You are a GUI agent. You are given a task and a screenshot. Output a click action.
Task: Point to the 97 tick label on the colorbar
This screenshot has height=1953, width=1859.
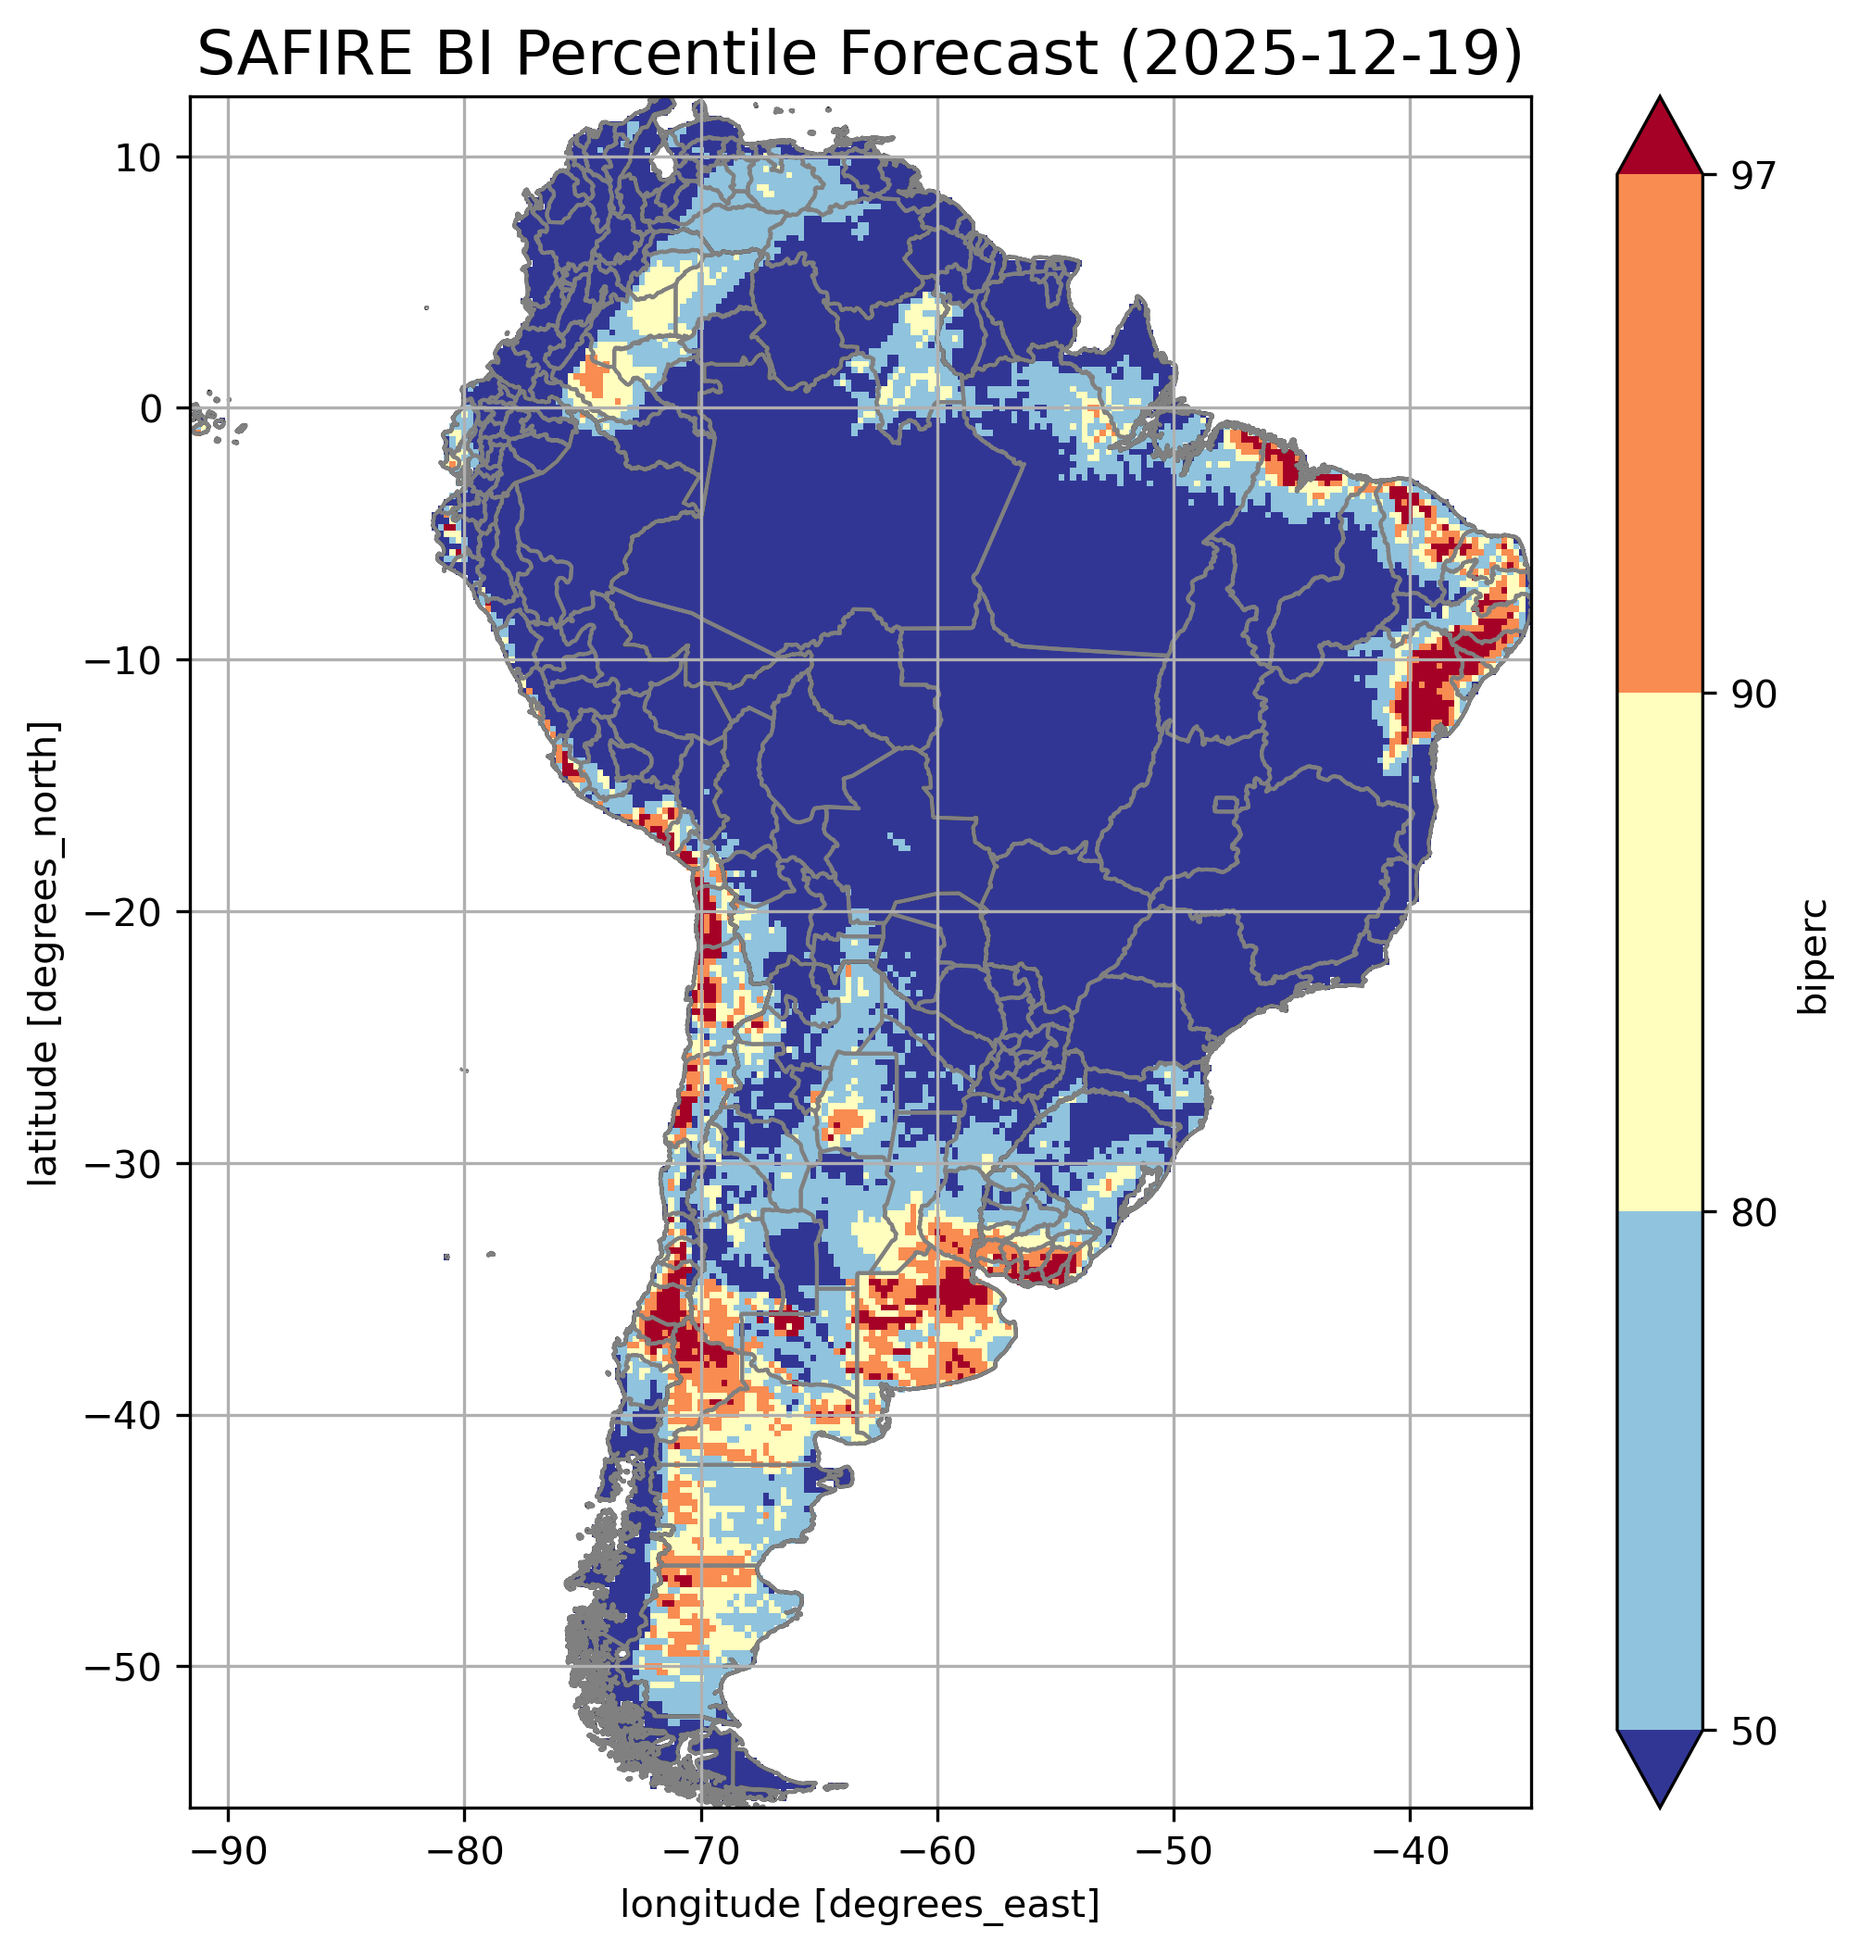[x=1753, y=175]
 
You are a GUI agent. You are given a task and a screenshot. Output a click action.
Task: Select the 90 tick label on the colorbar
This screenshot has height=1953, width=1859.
[x=1753, y=695]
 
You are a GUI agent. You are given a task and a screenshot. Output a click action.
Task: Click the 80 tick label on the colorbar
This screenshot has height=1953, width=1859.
[x=1753, y=1213]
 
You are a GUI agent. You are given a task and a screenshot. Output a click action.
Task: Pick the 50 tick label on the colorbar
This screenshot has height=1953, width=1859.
[x=1753, y=1732]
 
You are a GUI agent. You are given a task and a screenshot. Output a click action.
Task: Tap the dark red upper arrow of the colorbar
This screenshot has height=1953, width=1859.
[x=1659, y=139]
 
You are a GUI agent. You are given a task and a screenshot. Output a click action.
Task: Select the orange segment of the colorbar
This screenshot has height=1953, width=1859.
[x=1659, y=434]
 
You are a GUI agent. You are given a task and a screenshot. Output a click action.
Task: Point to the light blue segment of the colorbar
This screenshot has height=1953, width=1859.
[x=1659, y=1471]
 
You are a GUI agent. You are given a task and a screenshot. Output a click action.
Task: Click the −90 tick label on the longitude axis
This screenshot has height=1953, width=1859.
[x=228, y=1851]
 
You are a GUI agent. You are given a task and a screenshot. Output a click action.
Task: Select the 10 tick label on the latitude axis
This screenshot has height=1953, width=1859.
[x=139, y=157]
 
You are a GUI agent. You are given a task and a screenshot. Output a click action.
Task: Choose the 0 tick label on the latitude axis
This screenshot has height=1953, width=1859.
[x=152, y=409]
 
